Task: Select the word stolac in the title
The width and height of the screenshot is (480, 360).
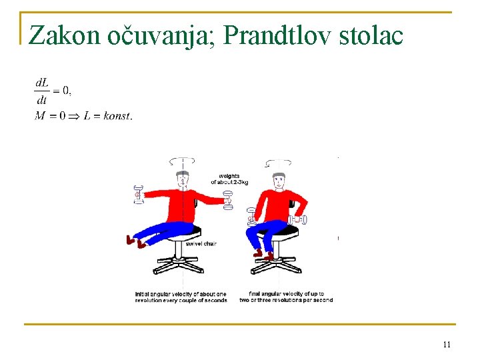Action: click(x=370, y=35)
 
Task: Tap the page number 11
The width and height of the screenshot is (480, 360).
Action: click(x=446, y=345)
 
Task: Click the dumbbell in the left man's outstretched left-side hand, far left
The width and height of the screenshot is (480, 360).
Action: click(x=139, y=194)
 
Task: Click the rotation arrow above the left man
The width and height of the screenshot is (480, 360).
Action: click(x=182, y=161)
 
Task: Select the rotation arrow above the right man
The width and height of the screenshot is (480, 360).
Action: click(x=278, y=163)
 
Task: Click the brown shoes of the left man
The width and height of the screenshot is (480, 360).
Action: click(x=135, y=241)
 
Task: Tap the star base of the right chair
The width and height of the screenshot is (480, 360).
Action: click(x=275, y=266)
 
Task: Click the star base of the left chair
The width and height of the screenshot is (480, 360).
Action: click(x=179, y=266)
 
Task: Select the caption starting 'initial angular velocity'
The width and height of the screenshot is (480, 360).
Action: click(x=181, y=297)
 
